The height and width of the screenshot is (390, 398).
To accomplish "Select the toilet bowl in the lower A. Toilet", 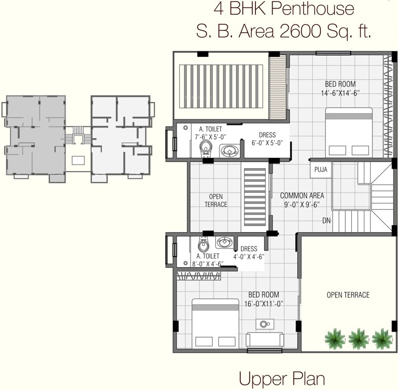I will point(203,245).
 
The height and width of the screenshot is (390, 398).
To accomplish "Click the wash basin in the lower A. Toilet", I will point(224,242).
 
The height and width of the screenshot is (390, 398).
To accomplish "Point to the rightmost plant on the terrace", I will point(382,338).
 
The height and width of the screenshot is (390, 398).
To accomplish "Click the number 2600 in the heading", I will point(302,31).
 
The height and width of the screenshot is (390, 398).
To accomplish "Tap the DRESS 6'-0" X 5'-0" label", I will point(267,139).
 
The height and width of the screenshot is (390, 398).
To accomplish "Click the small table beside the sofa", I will point(264,324).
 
